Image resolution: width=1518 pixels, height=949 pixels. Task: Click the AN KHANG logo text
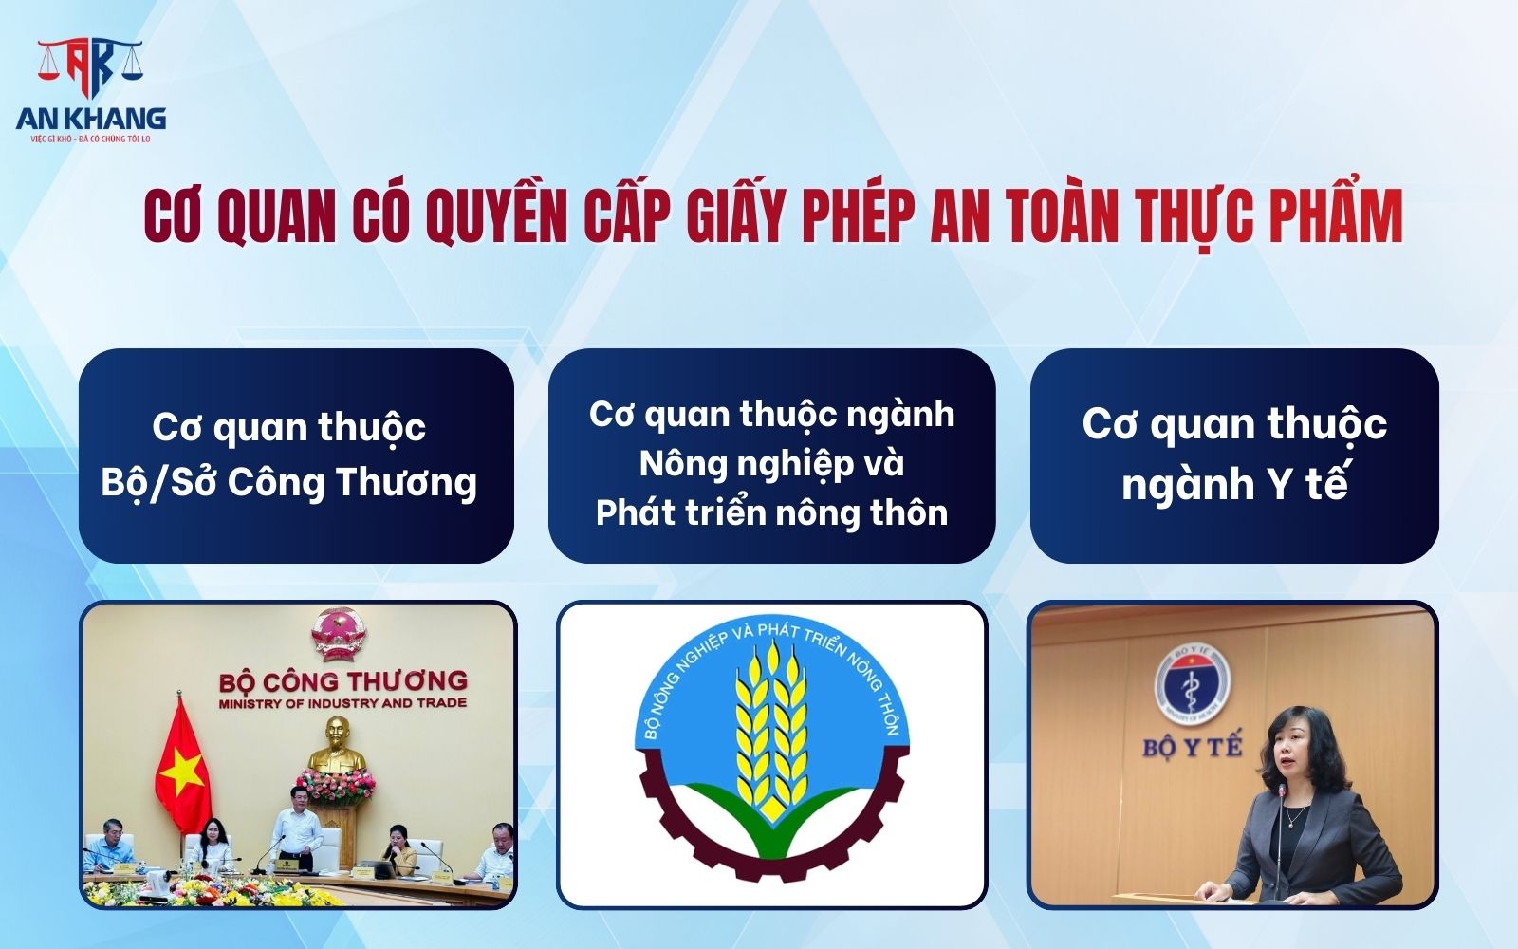pos(91,118)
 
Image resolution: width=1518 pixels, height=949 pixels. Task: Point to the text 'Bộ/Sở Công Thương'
pos(288,482)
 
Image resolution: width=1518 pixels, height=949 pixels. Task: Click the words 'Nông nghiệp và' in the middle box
pos(771,463)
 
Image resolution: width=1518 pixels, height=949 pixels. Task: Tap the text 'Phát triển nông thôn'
pos(771,512)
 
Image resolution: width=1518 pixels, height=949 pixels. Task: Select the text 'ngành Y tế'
pos(1233,484)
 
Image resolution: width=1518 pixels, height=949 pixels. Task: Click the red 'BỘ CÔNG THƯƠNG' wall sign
pos(342,680)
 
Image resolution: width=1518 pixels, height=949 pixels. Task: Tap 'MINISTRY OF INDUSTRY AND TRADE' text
pos(342,703)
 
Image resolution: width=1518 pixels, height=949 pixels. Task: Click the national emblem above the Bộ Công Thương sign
pos(338,633)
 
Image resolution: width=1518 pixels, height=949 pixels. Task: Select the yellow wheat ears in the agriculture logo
pos(770,731)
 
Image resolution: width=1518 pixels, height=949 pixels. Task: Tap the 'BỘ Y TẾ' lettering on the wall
pos(1192,747)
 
